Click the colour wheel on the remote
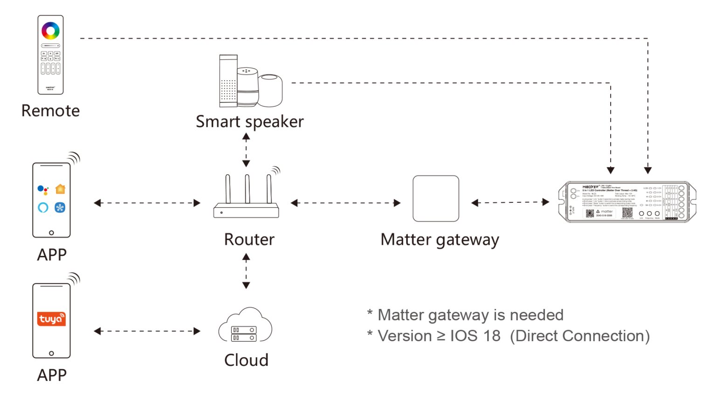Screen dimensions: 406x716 (x=50, y=31)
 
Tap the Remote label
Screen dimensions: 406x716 (x=50, y=111)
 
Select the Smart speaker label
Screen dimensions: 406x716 (x=249, y=122)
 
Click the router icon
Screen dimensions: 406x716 (x=246, y=198)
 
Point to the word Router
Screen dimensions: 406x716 (x=249, y=240)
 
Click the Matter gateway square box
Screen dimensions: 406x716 (x=436, y=199)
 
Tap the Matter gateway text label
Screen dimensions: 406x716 (x=440, y=240)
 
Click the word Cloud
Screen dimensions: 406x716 (x=246, y=360)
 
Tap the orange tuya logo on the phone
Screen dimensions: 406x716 (x=51, y=319)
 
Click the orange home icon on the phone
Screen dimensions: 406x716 (x=60, y=189)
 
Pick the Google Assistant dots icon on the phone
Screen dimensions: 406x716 (x=43, y=190)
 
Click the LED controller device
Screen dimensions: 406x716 (x=627, y=202)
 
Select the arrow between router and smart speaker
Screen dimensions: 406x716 (x=246, y=150)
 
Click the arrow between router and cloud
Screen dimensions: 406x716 (x=246, y=271)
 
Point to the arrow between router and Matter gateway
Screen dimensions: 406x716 (x=345, y=203)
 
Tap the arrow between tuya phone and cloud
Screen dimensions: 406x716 (x=147, y=331)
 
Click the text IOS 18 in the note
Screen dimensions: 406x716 (x=475, y=336)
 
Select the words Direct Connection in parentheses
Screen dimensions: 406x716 (x=579, y=336)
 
